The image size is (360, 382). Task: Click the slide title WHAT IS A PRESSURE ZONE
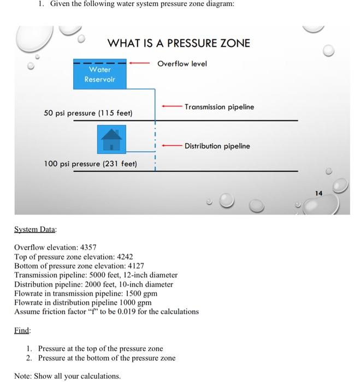tap(179, 43)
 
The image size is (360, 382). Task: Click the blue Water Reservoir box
tap(100, 75)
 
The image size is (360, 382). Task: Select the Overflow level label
tap(182, 64)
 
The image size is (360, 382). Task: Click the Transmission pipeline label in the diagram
tap(219, 107)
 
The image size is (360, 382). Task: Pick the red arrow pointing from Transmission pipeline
tap(171, 106)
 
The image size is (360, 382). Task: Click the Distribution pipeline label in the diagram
tap(217, 146)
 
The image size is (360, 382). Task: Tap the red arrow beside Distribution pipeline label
tap(171, 146)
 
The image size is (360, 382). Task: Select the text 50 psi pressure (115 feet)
tap(88, 113)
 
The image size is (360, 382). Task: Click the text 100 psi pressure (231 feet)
tap(90, 164)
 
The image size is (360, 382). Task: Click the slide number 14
tap(318, 192)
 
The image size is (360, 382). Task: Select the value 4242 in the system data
tap(123, 256)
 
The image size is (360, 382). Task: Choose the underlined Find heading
tap(22, 331)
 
